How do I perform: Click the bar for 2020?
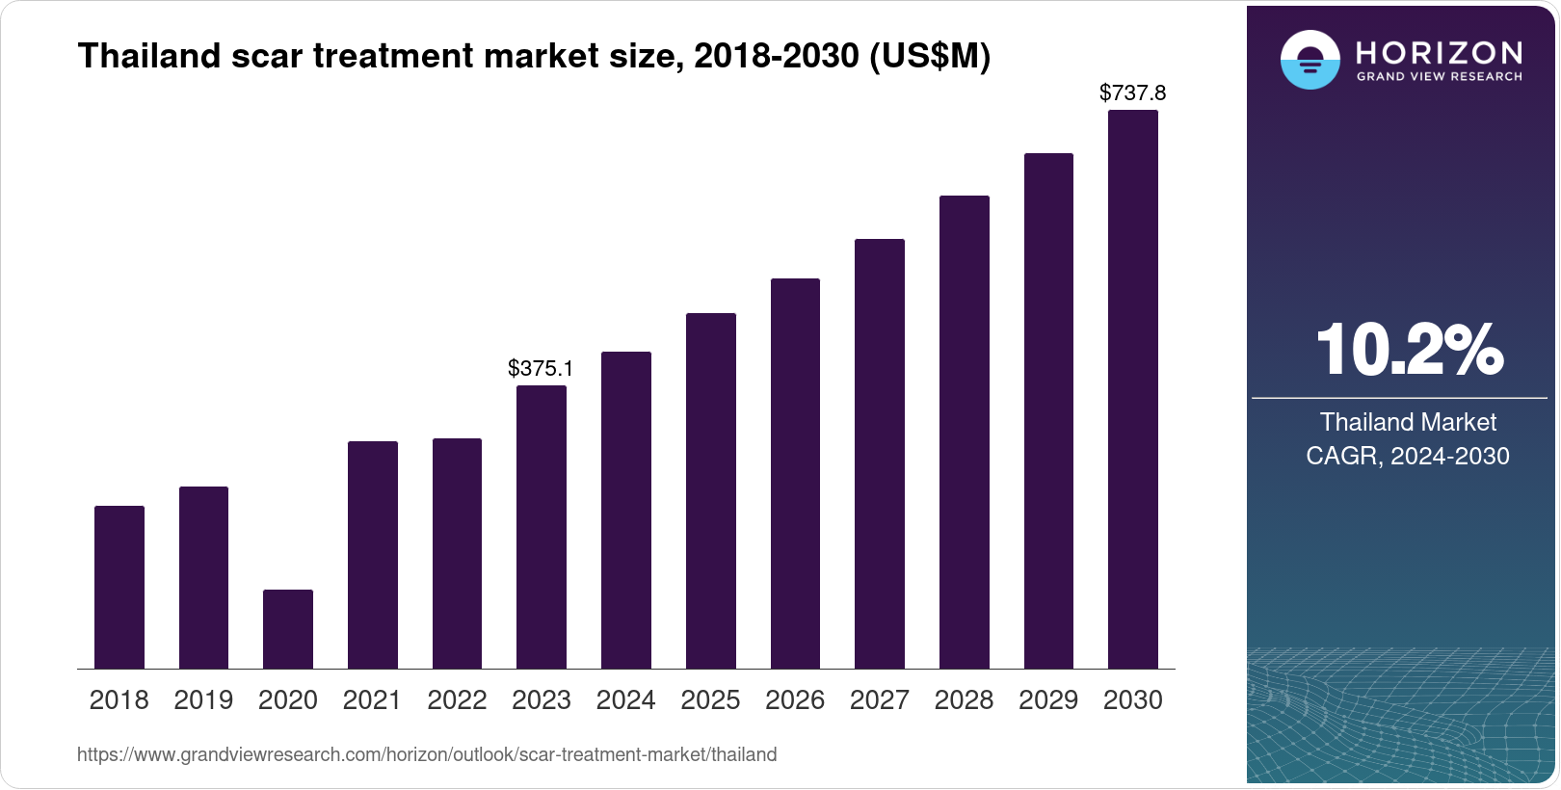pos(288,629)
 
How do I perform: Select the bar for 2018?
pos(119,587)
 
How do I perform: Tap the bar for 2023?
pos(542,527)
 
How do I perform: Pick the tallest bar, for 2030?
pos(1133,389)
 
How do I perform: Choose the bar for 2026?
pos(795,473)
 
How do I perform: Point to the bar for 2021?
pos(373,555)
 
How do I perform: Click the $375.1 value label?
pos(541,368)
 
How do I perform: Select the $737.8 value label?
pos(1133,93)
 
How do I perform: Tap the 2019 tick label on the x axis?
pos(203,700)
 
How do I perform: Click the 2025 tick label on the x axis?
pos(710,700)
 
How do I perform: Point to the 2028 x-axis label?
pos(964,700)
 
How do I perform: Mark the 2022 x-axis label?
pos(457,700)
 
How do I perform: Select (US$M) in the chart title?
pos(929,56)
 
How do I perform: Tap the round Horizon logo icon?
pos(1310,60)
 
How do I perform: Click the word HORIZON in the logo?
pos(1439,52)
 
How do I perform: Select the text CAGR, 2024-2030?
pos(1408,456)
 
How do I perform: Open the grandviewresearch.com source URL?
pos(427,754)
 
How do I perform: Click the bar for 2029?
pos(1048,410)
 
